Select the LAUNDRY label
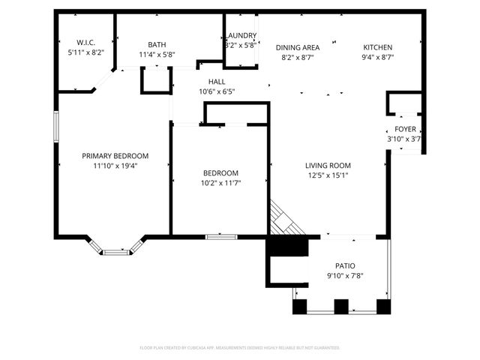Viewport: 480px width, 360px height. coord(241,35)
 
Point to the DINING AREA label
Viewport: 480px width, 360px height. coord(298,46)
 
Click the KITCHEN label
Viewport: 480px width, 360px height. coord(378,46)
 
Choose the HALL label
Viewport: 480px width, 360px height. coord(217,82)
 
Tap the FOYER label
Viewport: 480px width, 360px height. coord(405,129)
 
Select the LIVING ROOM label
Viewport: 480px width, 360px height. coord(328,166)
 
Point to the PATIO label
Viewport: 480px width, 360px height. coord(345,266)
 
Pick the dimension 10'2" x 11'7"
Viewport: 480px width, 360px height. coord(220,183)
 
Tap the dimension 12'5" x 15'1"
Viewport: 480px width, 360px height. coord(328,175)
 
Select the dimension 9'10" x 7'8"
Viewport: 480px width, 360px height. coord(345,276)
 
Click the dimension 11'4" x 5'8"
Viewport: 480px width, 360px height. coord(157,55)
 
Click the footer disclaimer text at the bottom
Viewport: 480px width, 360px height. coord(240,348)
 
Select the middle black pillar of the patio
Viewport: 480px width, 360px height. coord(341,307)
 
